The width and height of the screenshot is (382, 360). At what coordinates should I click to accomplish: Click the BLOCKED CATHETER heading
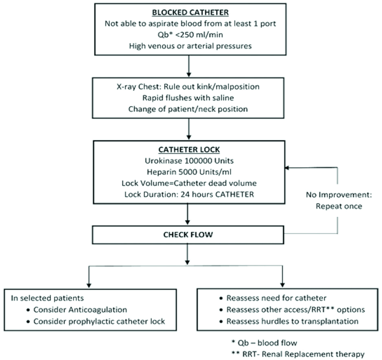[x=190, y=13]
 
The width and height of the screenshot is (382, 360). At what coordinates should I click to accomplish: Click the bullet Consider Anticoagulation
[x=80, y=309]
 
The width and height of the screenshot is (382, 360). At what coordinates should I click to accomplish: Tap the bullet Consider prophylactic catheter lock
[x=99, y=321]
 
